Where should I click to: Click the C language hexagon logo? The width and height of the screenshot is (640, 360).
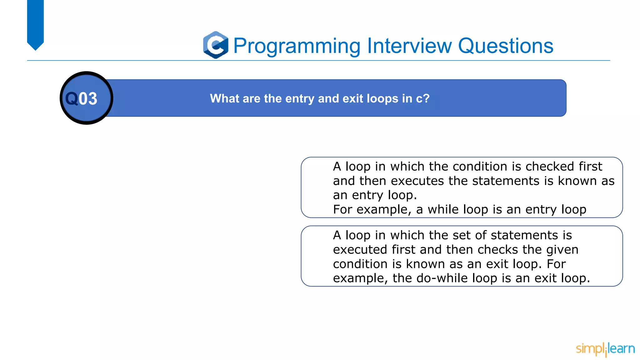[x=216, y=45]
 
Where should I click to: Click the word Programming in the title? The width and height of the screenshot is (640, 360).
[x=297, y=46]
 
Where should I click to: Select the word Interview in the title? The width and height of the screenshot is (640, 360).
[x=409, y=46]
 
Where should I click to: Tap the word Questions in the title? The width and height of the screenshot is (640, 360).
[x=505, y=46]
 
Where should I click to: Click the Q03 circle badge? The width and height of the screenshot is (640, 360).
[x=86, y=98]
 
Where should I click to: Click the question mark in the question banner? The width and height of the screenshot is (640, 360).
[x=426, y=98]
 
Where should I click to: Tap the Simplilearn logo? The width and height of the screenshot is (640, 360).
[x=605, y=349]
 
